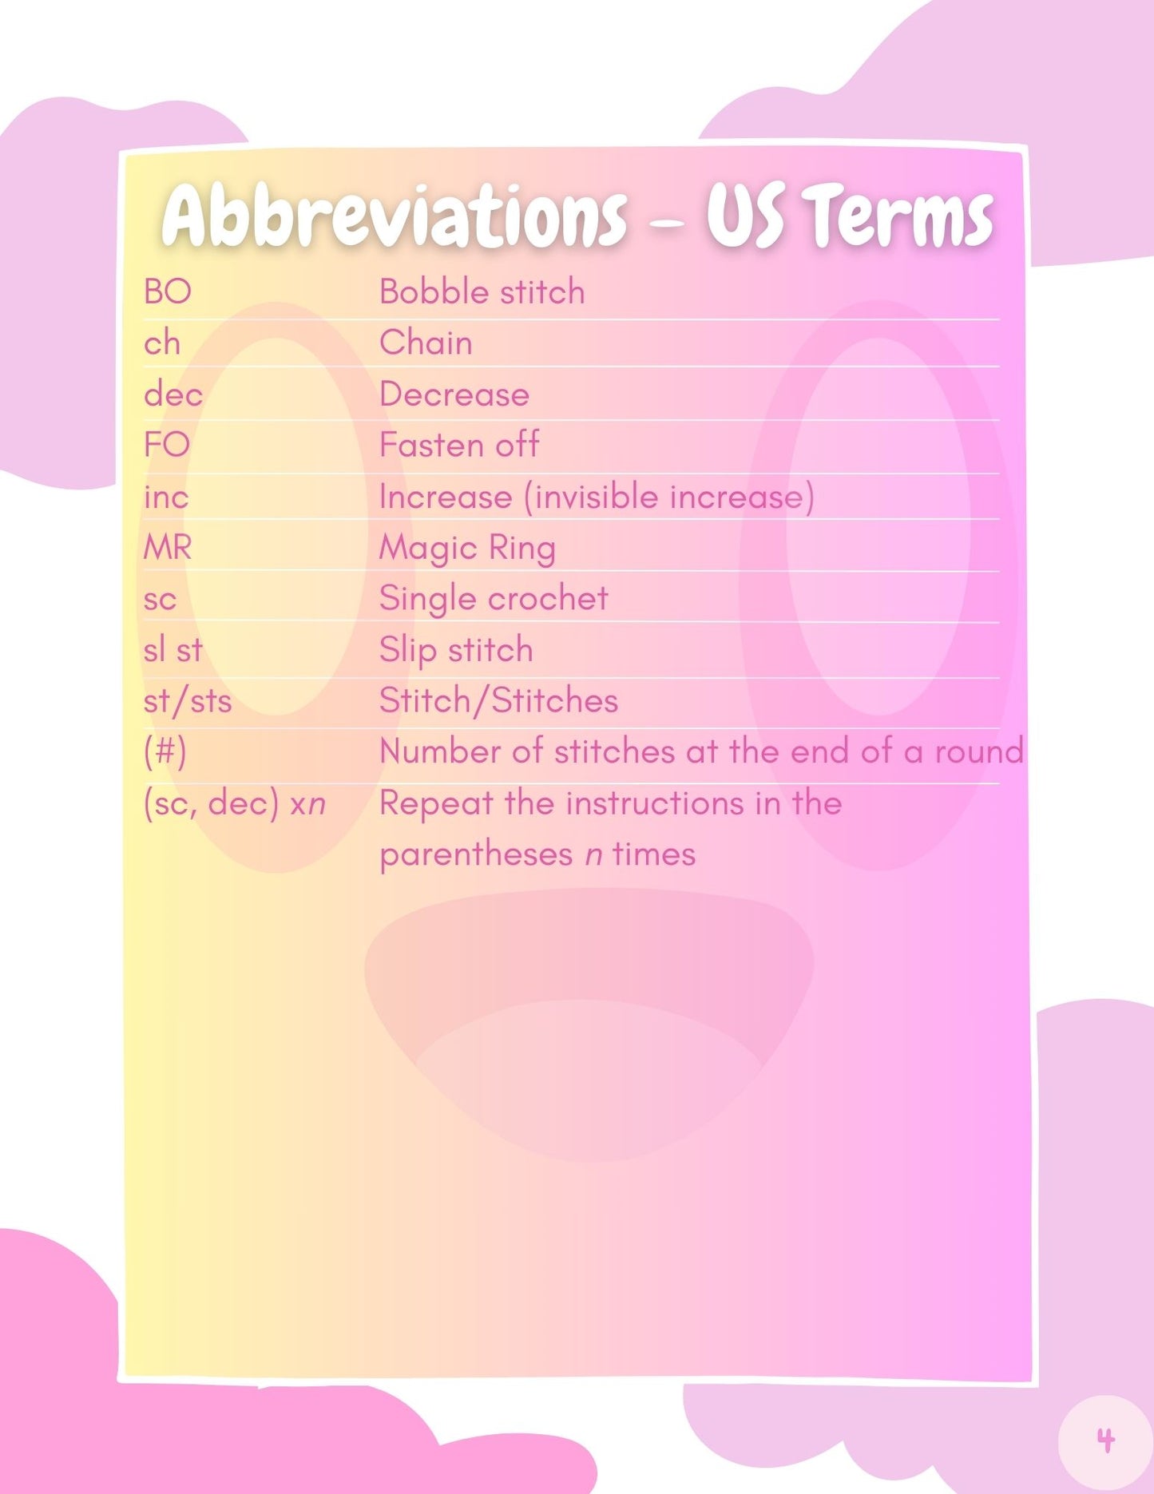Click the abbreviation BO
click(168, 291)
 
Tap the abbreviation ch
click(162, 343)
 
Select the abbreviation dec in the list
click(173, 394)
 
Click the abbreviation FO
click(167, 445)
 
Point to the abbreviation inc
click(166, 497)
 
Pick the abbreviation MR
click(168, 548)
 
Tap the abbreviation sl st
click(173, 650)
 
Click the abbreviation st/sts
click(188, 701)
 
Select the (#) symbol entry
click(165, 752)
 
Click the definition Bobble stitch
click(482, 291)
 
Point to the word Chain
click(426, 343)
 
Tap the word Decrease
click(454, 394)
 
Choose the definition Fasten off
click(460, 445)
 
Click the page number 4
click(1106, 1441)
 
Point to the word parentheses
click(477, 855)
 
